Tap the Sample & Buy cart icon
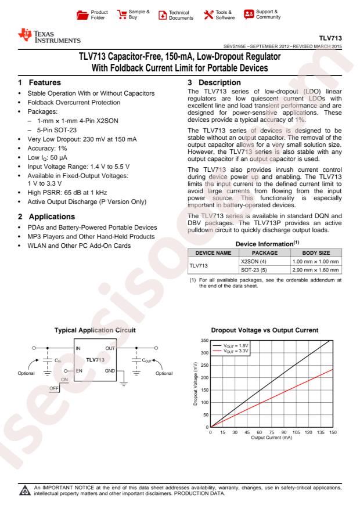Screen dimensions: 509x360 pos(121,13)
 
